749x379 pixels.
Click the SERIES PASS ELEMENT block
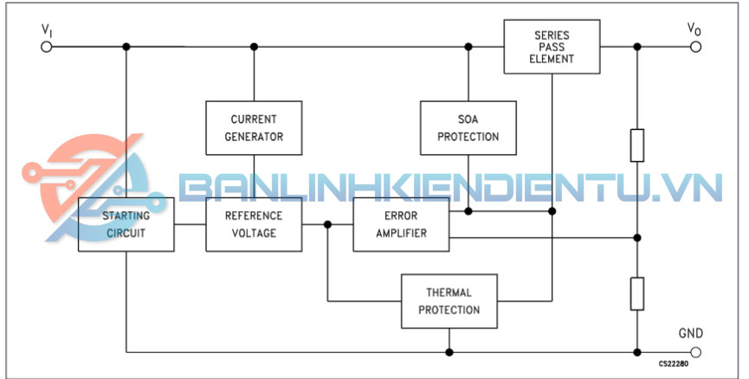(552, 47)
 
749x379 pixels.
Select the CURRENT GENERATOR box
(254, 127)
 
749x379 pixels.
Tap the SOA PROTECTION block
(468, 127)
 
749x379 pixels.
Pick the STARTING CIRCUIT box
(126, 224)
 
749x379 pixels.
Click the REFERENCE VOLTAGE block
(254, 224)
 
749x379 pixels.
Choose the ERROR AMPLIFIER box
(401, 224)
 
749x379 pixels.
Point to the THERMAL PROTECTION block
(449, 301)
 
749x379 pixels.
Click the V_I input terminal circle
(47, 46)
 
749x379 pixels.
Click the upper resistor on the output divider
(637, 145)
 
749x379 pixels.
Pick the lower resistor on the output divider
(637, 293)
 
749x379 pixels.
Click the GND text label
(691, 333)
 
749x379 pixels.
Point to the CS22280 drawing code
(673, 365)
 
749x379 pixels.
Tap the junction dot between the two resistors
(637, 237)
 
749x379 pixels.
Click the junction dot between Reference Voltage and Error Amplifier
(327, 224)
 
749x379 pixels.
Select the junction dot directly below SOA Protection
(468, 210)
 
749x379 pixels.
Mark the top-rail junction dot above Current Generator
(254, 46)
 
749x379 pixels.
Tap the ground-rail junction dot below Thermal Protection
(449, 352)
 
